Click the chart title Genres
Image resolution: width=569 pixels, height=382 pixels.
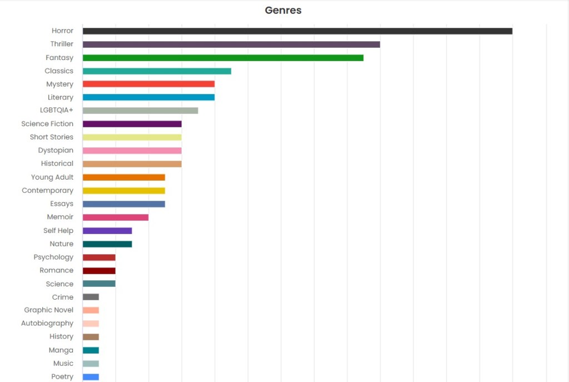pos(283,10)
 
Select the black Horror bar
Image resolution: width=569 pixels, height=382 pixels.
pos(297,31)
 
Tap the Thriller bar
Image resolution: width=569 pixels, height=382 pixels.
pos(231,44)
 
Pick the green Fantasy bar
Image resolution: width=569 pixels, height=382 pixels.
pos(223,58)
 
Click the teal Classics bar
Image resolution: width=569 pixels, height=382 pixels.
pos(157,71)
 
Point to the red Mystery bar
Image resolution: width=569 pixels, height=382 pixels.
pos(148,84)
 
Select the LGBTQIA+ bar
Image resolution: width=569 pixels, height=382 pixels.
pos(140,111)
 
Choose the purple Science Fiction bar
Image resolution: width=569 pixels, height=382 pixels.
pos(132,124)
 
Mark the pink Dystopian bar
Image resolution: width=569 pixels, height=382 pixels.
pos(132,151)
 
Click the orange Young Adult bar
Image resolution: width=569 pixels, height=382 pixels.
pos(123,177)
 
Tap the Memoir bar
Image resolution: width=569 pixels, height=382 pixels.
pos(116,217)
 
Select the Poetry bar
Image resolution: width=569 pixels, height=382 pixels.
pos(91,377)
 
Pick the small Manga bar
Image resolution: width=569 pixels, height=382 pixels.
pos(91,350)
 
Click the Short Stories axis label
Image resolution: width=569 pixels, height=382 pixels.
pos(51,137)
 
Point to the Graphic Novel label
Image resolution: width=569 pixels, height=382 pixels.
pos(48,310)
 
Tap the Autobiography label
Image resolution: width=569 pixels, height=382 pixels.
pos(47,324)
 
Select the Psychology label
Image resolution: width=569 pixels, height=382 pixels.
pos(53,257)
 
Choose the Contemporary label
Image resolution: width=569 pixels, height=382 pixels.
pos(47,190)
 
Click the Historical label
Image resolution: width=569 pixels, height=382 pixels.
pos(57,163)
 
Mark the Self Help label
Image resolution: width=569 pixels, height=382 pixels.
pos(58,231)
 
